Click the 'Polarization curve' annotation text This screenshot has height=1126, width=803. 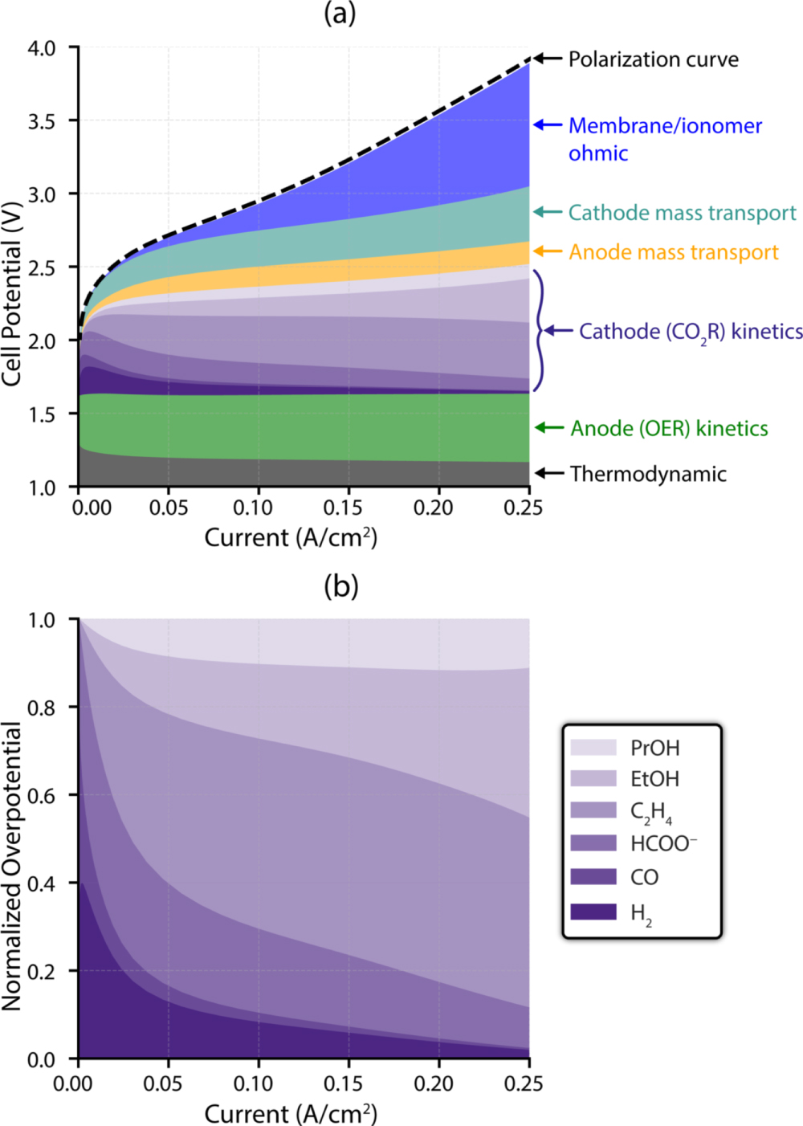[653, 59]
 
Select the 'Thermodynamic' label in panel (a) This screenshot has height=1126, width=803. [648, 474]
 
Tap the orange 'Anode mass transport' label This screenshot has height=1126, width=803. [674, 252]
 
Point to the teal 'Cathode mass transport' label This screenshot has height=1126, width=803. [682, 213]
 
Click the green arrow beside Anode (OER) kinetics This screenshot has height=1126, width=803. [549, 428]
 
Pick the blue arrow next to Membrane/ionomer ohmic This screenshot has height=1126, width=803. [548, 125]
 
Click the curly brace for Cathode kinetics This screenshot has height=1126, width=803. [539, 330]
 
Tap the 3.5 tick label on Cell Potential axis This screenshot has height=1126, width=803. [42, 121]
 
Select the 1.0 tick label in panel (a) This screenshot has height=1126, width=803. [42, 488]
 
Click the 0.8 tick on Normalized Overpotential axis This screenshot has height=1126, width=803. [42, 708]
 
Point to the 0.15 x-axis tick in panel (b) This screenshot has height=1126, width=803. [343, 1083]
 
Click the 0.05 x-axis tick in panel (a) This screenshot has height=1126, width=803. [169, 508]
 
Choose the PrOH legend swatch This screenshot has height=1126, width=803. [593, 748]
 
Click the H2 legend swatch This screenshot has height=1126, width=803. [593, 912]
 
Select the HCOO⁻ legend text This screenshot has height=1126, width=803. [663, 843]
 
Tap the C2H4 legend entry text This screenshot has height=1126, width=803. [650, 812]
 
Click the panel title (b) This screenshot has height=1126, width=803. [340, 586]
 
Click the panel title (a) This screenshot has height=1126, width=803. [340, 14]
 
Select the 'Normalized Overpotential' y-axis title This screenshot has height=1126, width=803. [11, 866]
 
